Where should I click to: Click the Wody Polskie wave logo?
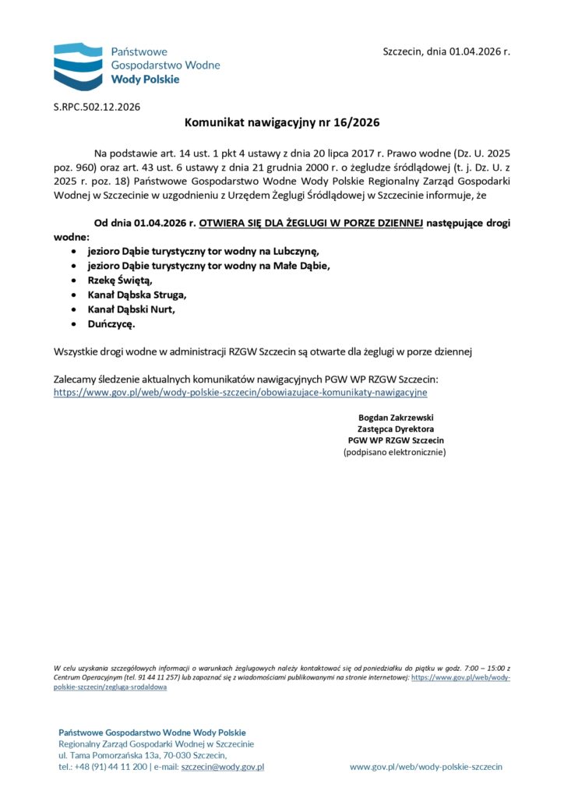(x=78, y=65)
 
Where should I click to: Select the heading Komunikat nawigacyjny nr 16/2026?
(x=282, y=123)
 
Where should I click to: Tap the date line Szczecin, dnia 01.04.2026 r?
(x=446, y=51)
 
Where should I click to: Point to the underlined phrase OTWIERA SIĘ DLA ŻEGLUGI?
(x=311, y=223)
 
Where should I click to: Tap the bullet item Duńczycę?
(x=111, y=323)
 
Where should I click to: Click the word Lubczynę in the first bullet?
(x=295, y=251)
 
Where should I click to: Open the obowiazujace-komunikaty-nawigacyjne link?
(x=240, y=393)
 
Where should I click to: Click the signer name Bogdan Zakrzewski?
(x=395, y=417)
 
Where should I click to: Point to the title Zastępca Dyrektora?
(x=395, y=429)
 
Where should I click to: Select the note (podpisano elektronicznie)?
(x=395, y=452)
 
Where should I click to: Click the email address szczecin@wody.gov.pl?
(x=223, y=767)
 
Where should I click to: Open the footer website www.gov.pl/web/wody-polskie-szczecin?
(x=426, y=767)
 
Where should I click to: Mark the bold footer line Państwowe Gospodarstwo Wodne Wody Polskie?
(x=152, y=733)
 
